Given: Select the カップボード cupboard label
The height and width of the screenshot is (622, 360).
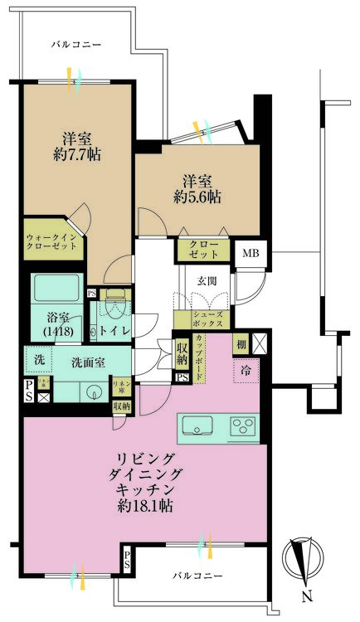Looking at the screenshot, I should click(201, 355).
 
